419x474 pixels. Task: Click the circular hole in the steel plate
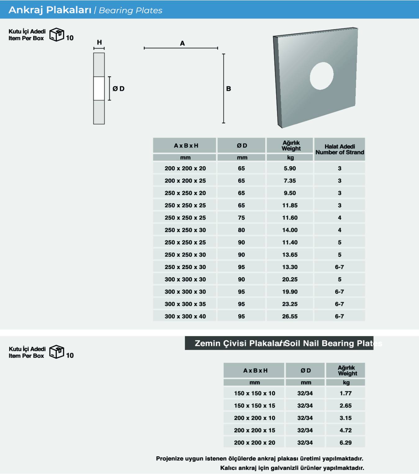tap(322, 76)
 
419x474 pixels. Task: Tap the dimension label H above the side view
tap(99, 42)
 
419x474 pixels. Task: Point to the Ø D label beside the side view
tap(119, 89)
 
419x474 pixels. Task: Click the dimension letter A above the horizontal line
tap(182, 43)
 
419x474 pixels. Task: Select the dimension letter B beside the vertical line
tap(229, 89)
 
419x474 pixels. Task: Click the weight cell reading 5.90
tap(290, 168)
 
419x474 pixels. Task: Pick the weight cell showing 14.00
tap(290, 230)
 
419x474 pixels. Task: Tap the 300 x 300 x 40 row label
tap(185, 316)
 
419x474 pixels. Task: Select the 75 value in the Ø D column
tap(241, 218)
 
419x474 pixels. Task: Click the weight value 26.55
tap(290, 316)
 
